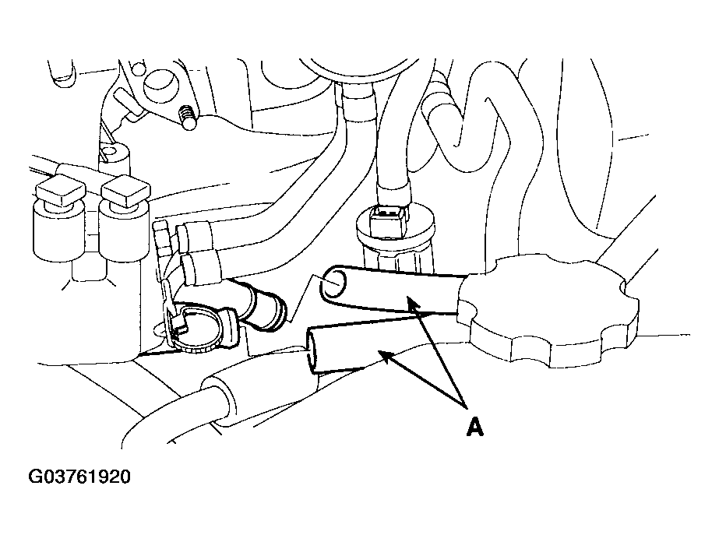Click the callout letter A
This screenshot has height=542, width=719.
(475, 428)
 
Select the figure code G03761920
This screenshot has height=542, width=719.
(79, 477)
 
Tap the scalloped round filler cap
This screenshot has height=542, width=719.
(548, 311)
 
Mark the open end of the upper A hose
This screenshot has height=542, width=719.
(334, 283)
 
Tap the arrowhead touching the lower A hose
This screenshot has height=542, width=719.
(386, 356)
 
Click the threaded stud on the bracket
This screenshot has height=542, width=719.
(187, 118)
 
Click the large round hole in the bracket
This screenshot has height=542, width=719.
(161, 86)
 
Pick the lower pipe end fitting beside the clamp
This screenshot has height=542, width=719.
(202, 268)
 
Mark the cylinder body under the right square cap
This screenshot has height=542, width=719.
(124, 234)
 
